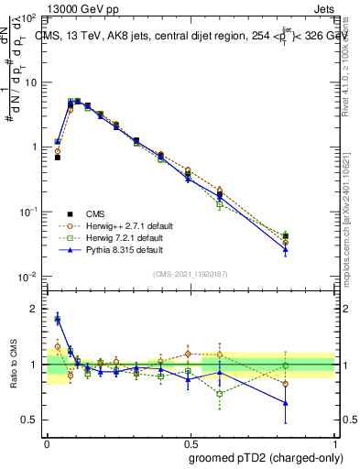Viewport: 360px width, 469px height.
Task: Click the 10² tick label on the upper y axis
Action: pyautogui.click(x=28, y=18)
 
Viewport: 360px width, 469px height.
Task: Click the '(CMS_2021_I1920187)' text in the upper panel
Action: pyautogui.click(x=191, y=273)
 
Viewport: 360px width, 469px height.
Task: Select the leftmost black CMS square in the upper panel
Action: pyautogui.click(x=57, y=158)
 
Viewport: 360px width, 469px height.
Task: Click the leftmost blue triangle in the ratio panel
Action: pyautogui.click(x=57, y=319)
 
